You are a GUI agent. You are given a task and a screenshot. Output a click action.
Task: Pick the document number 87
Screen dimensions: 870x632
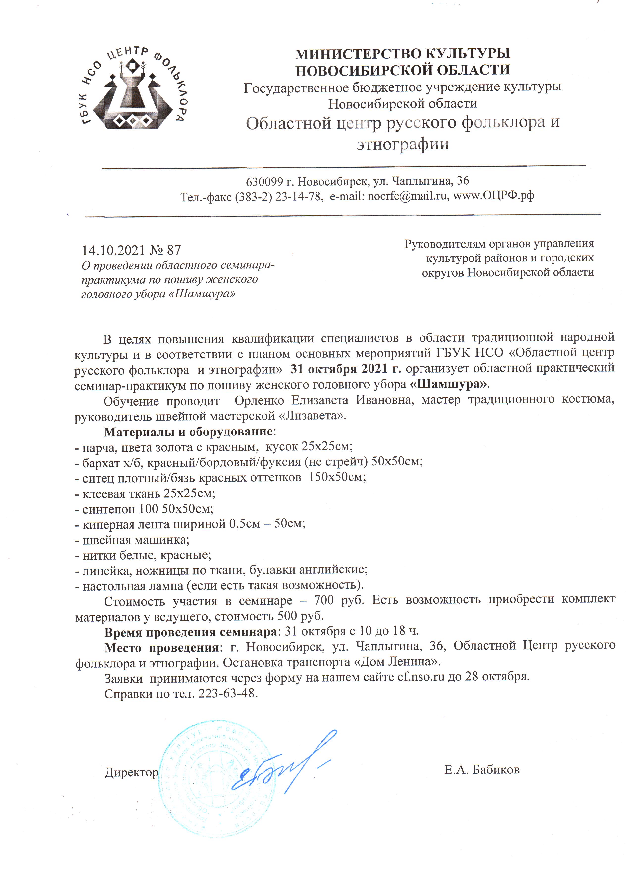coord(173,250)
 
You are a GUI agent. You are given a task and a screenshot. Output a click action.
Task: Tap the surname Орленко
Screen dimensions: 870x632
coord(259,400)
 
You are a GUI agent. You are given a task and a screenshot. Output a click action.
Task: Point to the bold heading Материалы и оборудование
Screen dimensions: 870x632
coord(188,432)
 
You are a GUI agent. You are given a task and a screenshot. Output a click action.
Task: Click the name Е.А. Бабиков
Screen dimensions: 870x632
coord(482,770)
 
